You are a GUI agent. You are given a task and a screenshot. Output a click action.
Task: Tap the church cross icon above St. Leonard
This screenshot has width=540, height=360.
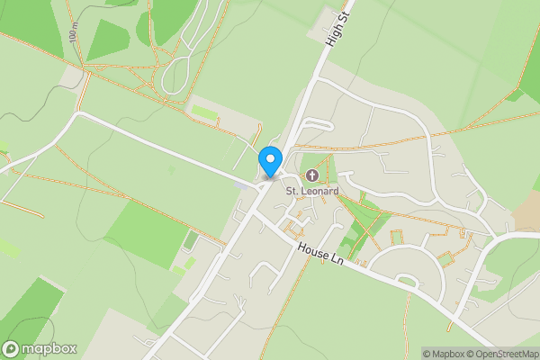coord(312,175)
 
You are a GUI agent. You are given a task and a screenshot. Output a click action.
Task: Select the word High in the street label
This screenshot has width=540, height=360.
coord(334,36)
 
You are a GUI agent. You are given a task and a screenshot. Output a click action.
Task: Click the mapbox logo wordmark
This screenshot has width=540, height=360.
coord(49,348)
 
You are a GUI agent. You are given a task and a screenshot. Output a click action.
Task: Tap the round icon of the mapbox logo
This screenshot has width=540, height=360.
coord(12,348)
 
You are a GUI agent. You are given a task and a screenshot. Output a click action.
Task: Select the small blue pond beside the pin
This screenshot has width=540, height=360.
coord(236,185)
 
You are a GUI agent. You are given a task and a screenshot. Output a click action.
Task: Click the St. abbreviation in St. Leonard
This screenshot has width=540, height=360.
coord(292,191)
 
